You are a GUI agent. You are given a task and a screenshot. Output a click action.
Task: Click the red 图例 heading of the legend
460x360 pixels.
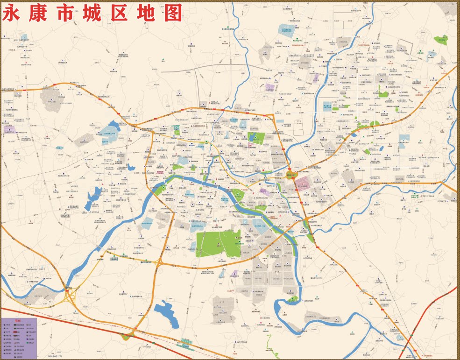[x=19, y=321]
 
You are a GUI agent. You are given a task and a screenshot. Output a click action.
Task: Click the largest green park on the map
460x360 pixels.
[x=217, y=243]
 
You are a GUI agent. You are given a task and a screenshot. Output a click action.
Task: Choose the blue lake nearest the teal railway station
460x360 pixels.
[x=166, y=314]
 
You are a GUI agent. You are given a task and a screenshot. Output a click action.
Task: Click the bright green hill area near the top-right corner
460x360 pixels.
[x=440, y=40]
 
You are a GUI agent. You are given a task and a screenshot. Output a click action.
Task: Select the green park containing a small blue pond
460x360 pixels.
[x=256, y=138]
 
